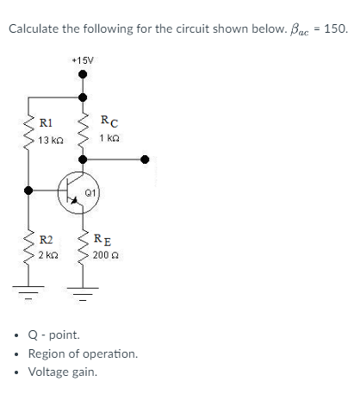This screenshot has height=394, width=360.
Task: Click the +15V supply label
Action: [84, 61]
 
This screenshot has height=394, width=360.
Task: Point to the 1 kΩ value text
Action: [109, 138]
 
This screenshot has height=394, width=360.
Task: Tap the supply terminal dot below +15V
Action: [84, 75]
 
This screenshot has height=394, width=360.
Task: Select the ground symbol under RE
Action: [84, 289]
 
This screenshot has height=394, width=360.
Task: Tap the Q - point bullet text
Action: [54, 335]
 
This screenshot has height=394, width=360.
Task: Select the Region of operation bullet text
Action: [83, 353]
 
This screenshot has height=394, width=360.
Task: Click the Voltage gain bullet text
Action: [63, 372]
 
